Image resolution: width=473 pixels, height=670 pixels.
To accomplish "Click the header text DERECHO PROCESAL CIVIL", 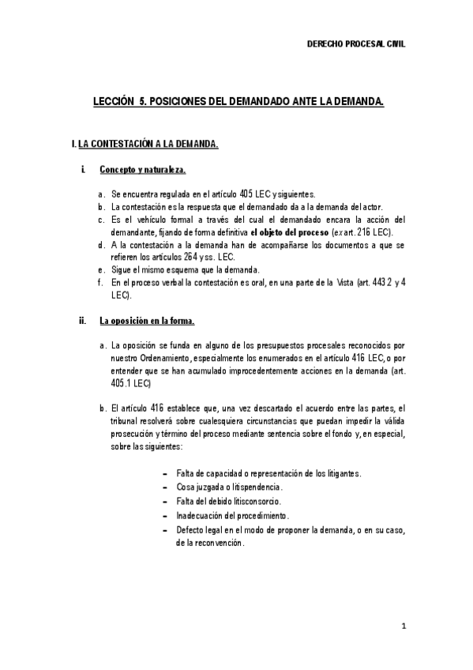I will (x=355, y=45).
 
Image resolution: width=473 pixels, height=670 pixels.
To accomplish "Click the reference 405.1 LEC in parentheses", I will (x=130, y=384).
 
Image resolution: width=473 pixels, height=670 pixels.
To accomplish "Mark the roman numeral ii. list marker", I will (x=82, y=321).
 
